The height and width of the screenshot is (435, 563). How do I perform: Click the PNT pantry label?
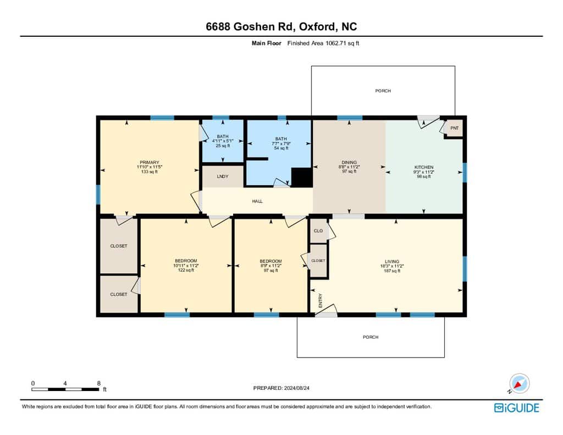click(x=454, y=128)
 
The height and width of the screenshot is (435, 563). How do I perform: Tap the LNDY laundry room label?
click(x=223, y=177)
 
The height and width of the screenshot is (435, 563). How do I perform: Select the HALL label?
click(x=257, y=201)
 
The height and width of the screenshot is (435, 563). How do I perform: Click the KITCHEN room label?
click(x=424, y=167)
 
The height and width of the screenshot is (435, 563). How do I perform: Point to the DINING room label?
click(x=349, y=162)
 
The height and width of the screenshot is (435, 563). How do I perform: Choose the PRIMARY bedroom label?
click(x=150, y=162)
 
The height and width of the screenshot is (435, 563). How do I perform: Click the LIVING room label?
click(x=392, y=262)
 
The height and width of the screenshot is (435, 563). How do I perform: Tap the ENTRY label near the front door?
click(x=321, y=300)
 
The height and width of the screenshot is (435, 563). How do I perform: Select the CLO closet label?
click(x=318, y=230)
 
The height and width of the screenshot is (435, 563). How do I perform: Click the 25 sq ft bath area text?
click(x=223, y=146)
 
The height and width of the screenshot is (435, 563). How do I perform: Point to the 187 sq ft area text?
click(x=392, y=271)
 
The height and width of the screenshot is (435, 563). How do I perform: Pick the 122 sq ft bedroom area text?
click(x=186, y=270)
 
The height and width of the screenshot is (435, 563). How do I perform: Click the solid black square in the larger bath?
click(x=301, y=177)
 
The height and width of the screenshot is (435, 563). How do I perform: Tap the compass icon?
click(x=519, y=383)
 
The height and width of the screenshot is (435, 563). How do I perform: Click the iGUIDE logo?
click(x=517, y=408)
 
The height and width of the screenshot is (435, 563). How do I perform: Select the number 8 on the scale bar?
click(x=99, y=383)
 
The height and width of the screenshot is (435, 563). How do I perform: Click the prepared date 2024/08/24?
click(x=296, y=388)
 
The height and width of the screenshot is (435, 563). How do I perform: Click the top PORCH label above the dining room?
click(x=383, y=91)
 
